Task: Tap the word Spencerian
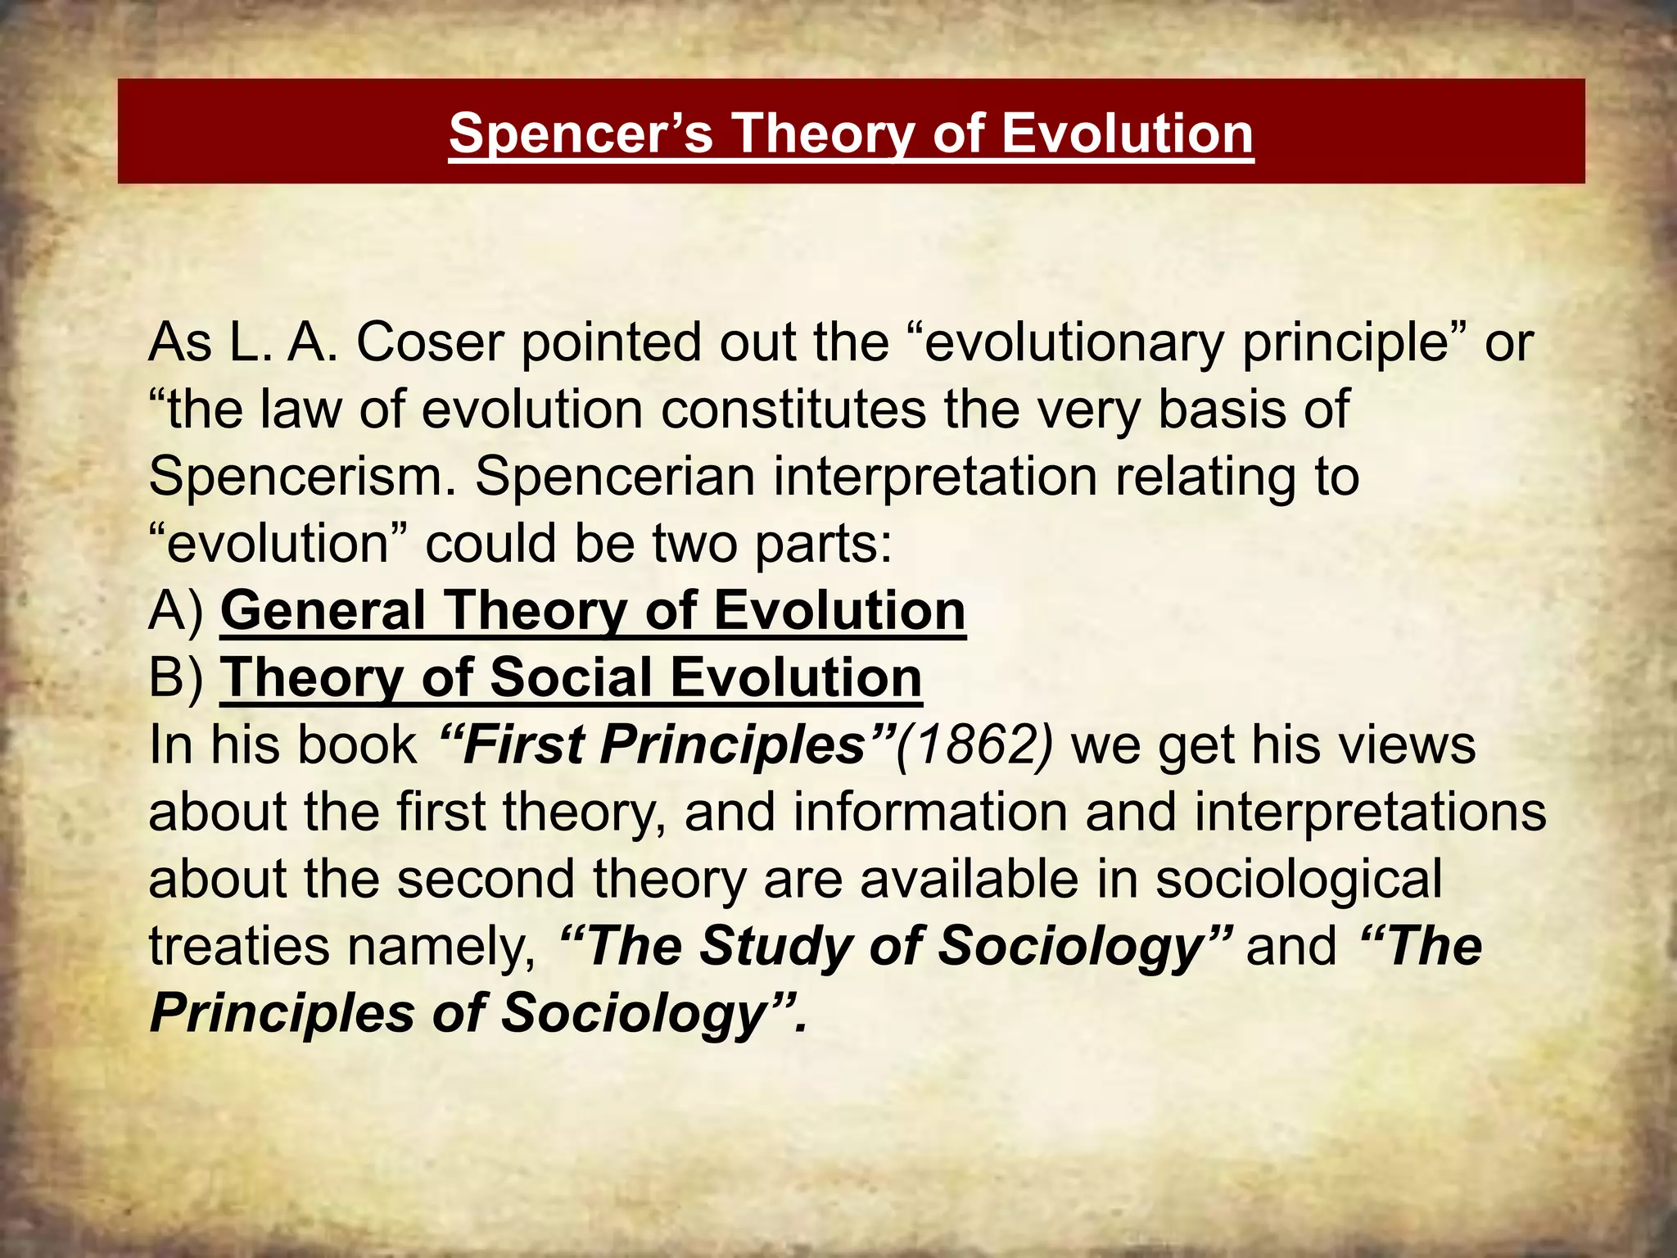615,476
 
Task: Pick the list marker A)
176,611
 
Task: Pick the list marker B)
176,678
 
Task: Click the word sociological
1298,879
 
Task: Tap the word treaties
239,946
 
